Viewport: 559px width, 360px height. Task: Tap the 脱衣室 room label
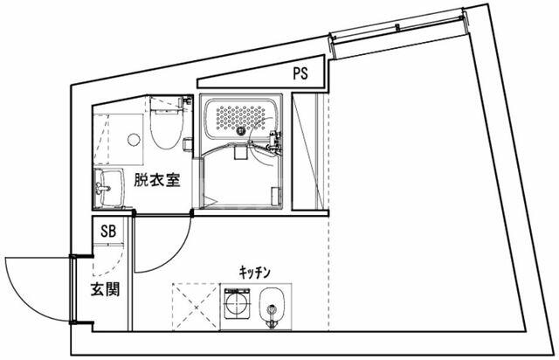pyautogui.click(x=157, y=181)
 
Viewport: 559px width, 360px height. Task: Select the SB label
pyautogui.click(x=109, y=232)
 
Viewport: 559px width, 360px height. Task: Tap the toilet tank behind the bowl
pyautogui.click(x=165, y=105)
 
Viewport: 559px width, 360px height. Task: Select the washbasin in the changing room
pyautogui.click(x=109, y=187)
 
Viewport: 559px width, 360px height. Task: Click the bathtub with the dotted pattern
pyautogui.click(x=241, y=120)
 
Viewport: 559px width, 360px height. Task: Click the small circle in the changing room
pyautogui.click(x=133, y=138)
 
